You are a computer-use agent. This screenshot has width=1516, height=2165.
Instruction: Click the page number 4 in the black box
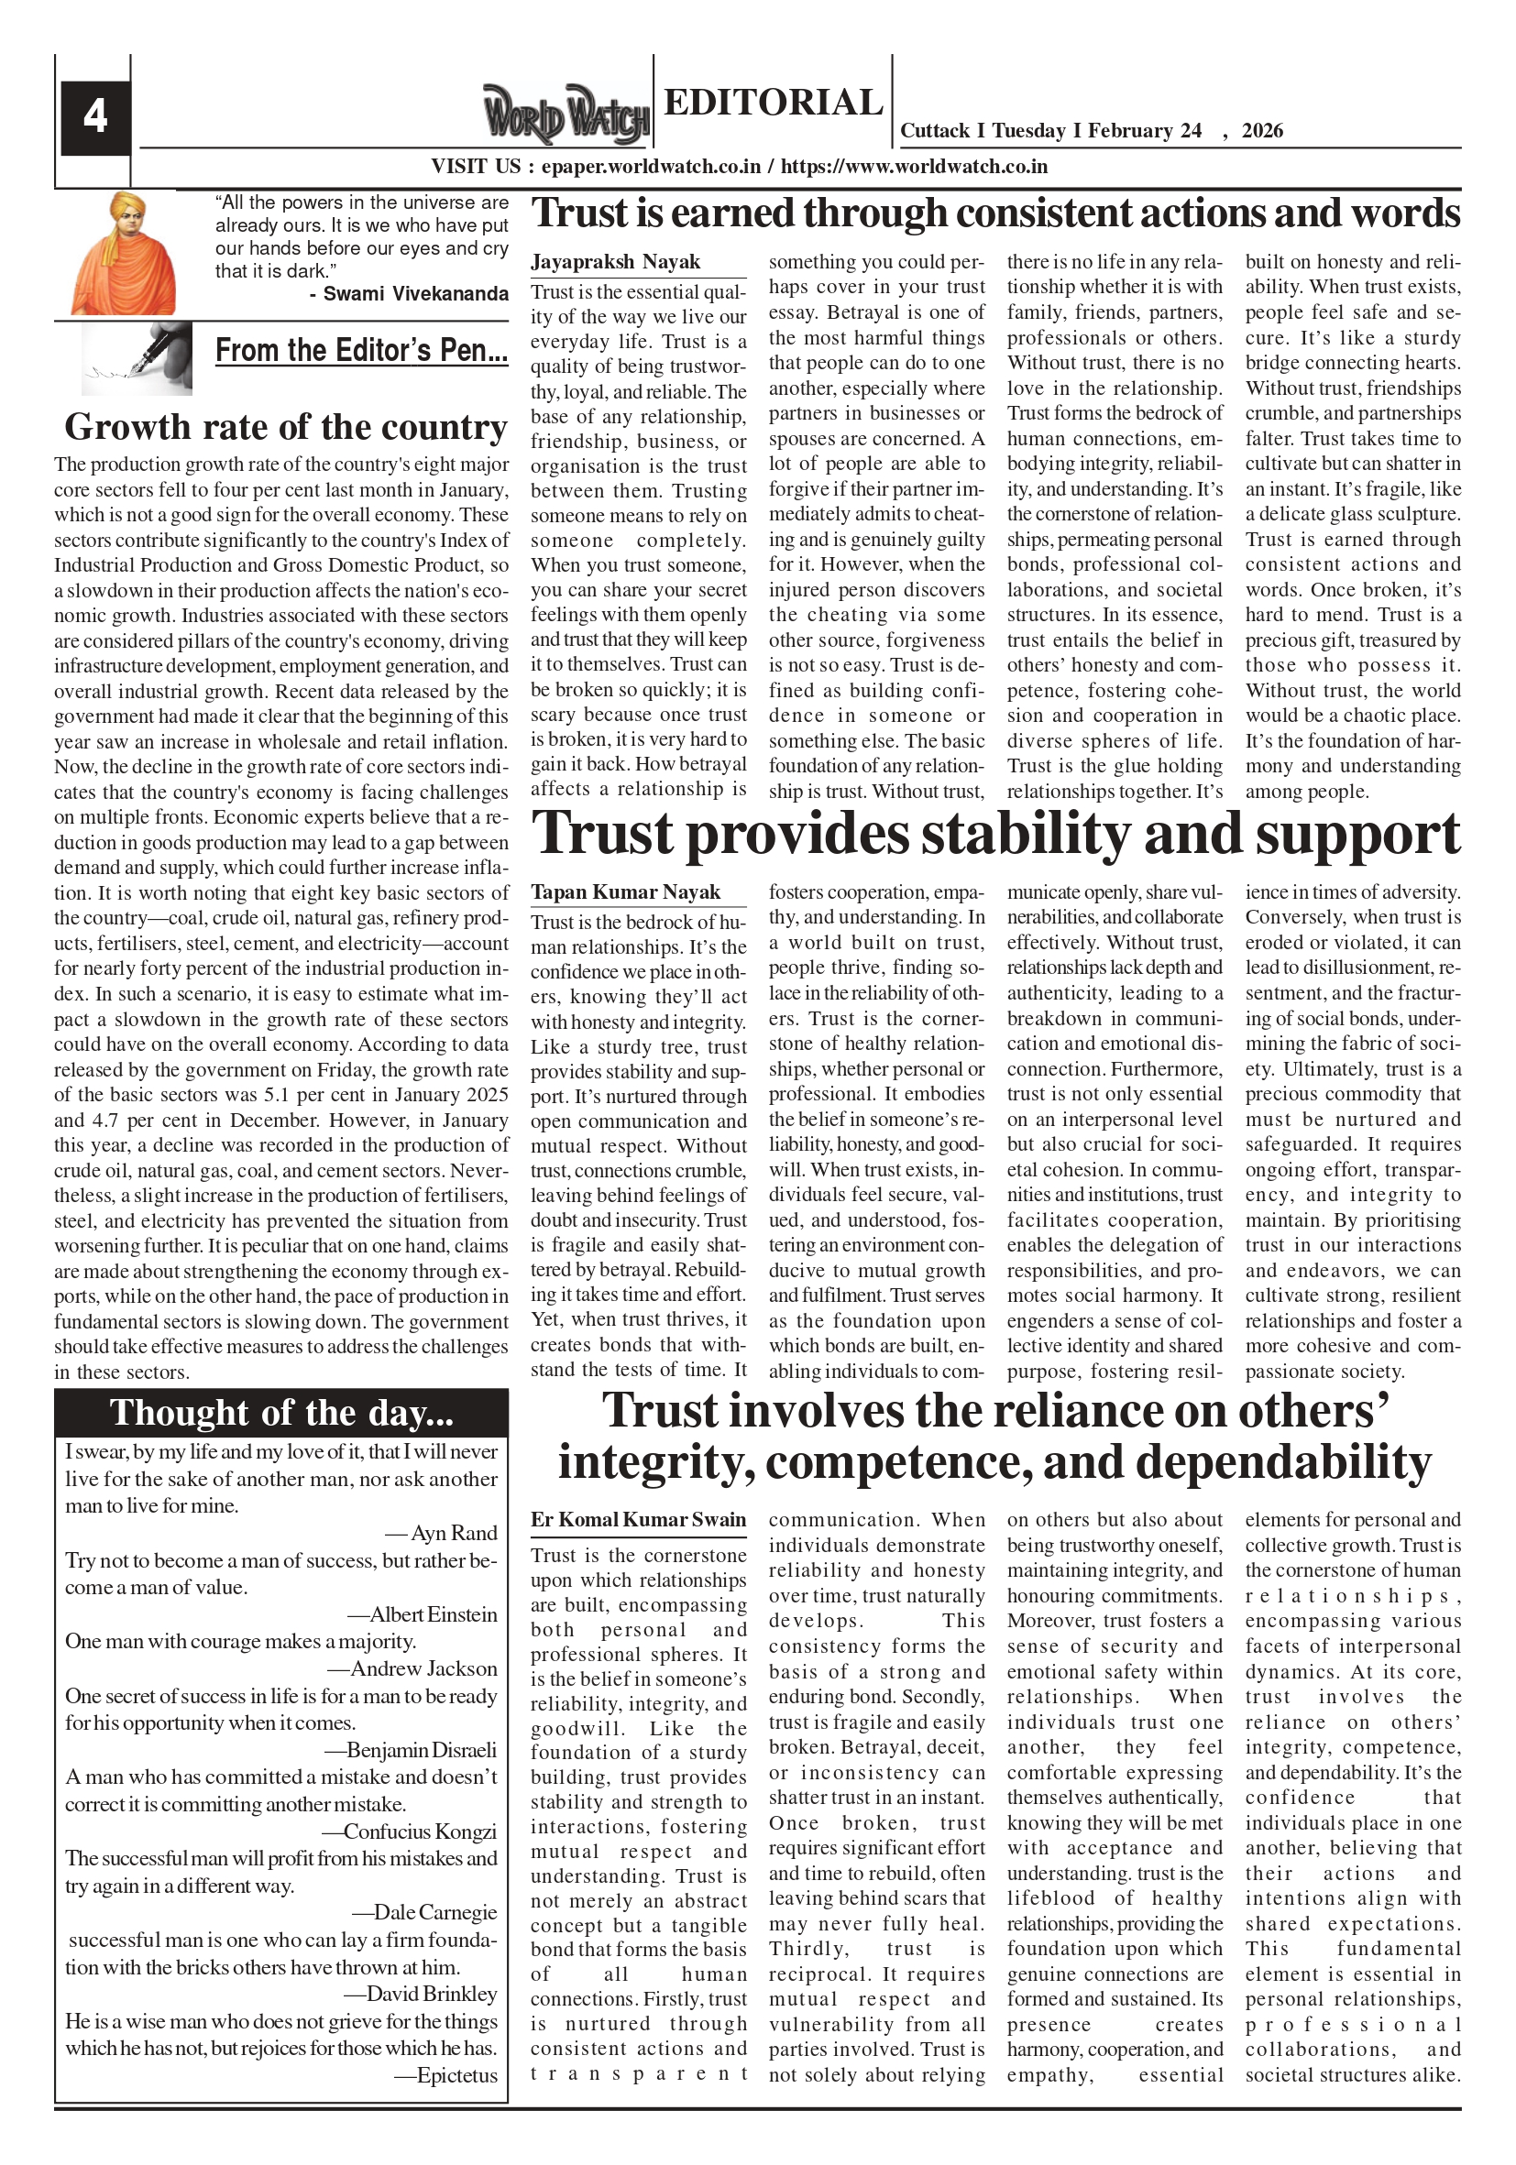(95, 117)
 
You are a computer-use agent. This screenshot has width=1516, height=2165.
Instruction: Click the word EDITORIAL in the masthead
(773, 102)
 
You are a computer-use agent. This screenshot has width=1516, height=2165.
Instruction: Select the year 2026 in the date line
(1262, 131)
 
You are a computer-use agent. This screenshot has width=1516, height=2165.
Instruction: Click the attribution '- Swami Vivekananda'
(409, 294)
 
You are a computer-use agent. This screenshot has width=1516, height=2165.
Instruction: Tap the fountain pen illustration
(137, 357)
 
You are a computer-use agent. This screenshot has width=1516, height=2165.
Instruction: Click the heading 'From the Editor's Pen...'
(361, 351)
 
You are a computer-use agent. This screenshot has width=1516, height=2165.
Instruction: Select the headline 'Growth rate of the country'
(286, 427)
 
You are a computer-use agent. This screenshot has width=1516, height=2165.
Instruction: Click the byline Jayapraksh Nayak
(615, 262)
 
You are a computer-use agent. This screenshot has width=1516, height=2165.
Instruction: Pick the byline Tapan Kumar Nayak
(624, 892)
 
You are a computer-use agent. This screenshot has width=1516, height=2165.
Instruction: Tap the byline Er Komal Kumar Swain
(638, 1520)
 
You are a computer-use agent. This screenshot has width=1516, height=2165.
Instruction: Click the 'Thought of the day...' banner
(281, 1413)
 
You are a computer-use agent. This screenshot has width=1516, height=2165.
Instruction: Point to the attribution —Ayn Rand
(442, 1533)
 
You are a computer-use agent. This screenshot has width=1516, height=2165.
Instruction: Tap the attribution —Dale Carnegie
(424, 1912)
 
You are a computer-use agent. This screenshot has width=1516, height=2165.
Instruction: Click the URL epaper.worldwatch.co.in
(651, 167)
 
